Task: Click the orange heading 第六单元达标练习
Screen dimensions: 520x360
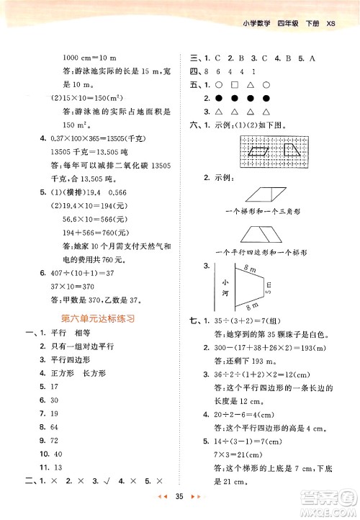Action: [x=87, y=317]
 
